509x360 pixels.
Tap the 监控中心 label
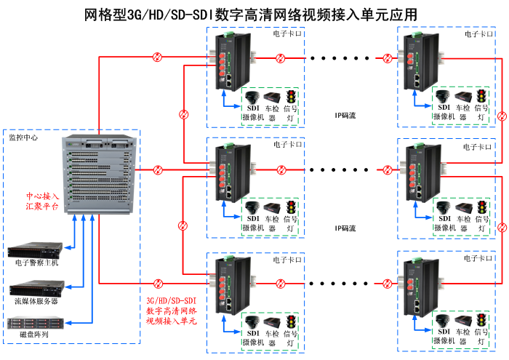(23, 137)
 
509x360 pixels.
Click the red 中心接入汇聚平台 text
(44, 201)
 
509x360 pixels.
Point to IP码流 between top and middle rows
(345, 115)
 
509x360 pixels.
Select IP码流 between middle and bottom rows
(345, 228)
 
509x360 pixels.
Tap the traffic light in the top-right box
(481, 97)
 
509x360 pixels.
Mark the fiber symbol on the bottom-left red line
(157, 282)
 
